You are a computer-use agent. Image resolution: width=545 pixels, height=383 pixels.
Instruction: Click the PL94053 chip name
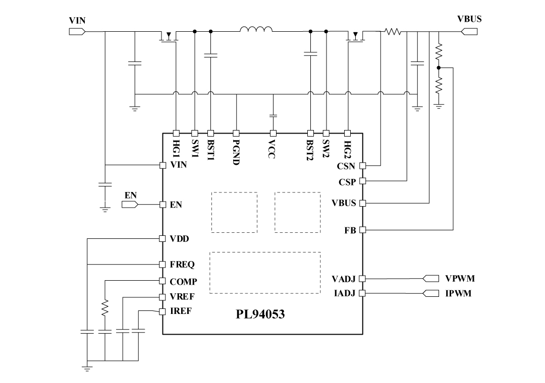click(x=260, y=314)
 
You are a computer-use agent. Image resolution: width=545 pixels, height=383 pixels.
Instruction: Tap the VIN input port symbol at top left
click(x=77, y=31)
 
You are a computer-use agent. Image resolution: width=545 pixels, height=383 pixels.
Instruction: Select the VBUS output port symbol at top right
click(x=469, y=31)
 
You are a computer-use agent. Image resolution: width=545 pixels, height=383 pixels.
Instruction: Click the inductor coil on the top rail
click(x=256, y=30)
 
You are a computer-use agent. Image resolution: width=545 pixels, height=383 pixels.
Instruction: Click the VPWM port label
click(x=460, y=278)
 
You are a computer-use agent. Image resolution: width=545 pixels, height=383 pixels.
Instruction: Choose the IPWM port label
click(x=458, y=293)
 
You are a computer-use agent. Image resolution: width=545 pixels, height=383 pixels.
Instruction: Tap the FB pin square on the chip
click(x=362, y=230)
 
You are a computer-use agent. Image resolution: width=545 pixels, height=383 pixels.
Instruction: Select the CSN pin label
click(x=346, y=166)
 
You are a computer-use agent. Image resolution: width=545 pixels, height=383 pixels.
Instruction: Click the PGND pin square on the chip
click(x=236, y=134)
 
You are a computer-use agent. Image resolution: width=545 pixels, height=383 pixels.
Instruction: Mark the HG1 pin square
click(x=176, y=134)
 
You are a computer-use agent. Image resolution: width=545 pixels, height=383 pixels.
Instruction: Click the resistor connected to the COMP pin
click(x=105, y=308)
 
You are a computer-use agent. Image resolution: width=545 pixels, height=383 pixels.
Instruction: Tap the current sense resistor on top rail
click(x=392, y=32)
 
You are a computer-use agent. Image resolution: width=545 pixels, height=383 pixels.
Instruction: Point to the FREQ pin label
click(x=182, y=265)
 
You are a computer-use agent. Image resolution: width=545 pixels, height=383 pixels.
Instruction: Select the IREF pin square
click(x=162, y=311)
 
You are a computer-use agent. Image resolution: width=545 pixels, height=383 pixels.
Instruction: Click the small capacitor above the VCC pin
click(x=273, y=115)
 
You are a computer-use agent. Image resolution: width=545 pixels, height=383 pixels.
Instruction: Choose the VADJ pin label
click(x=344, y=279)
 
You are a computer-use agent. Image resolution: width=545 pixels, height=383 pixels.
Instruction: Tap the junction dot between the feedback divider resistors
click(x=439, y=68)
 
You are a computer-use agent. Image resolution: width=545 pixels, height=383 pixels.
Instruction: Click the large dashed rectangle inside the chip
click(x=265, y=273)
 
